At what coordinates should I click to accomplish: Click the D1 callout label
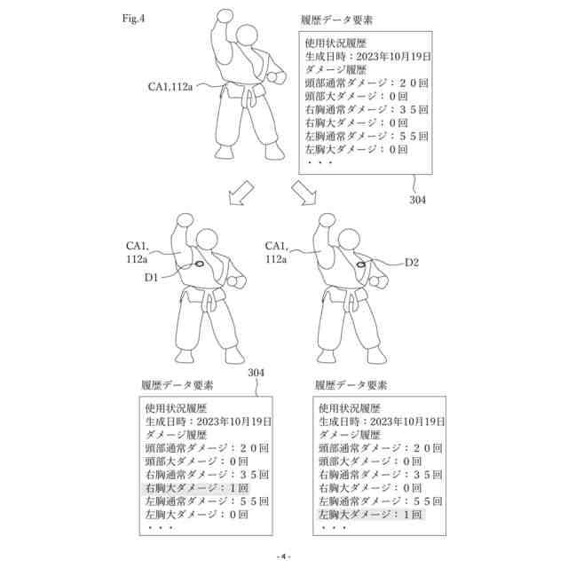coord(152,278)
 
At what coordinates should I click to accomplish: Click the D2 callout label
coord(411,263)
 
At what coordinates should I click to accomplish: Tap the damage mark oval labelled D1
coord(198,264)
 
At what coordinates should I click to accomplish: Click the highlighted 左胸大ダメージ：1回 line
coord(369,514)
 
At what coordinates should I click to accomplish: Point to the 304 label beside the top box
coord(417,201)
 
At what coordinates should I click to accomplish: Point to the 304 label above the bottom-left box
coord(256,373)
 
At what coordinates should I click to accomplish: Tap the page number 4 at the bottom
coord(283,556)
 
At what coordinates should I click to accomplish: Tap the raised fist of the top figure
coord(224,17)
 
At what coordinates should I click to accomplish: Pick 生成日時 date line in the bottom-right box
coord(382,423)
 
